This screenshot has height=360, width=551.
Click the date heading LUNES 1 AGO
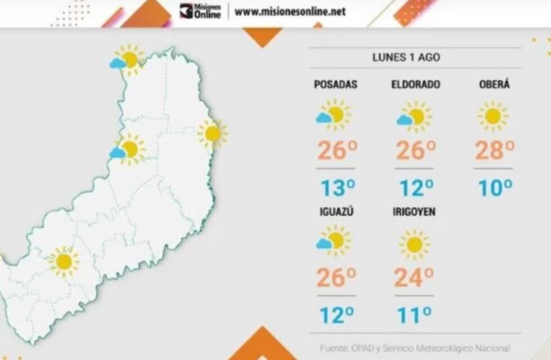[406, 57]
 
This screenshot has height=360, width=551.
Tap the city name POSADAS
[336, 85]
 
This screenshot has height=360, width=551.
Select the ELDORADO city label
[415, 85]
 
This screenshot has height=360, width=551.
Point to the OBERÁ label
[494, 85]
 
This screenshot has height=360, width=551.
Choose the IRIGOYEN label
[415, 212]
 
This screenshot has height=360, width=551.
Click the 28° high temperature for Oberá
[495, 150]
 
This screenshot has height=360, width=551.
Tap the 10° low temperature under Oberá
[495, 187]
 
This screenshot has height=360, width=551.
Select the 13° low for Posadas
[337, 187]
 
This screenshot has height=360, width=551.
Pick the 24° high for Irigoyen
[414, 277]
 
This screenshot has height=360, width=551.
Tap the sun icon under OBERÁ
[493, 116]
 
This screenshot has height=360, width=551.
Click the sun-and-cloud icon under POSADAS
[333, 115]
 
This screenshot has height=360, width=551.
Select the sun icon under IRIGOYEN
[414, 244]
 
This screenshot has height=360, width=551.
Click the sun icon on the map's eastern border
[213, 133]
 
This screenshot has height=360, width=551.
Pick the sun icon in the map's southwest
[64, 262]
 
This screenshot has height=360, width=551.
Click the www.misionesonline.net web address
[290, 11]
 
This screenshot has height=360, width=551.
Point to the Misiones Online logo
[200, 11]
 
